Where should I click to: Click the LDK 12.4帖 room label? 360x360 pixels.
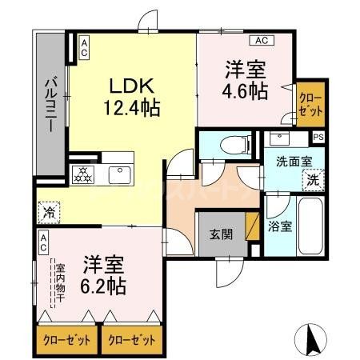[x=131, y=95]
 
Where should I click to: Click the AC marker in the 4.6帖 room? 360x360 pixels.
[x=262, y=39]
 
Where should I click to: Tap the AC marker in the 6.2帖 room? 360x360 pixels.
[x=43, y=239]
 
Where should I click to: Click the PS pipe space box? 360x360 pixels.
[x=318, y=137]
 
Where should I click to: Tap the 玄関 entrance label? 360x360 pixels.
[x=221, y=234]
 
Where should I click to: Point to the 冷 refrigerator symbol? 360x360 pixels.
[x=47, y=214]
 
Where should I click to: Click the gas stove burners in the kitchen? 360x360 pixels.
[x=83, y=173]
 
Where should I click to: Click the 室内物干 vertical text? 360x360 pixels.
[x=58, y=283]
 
